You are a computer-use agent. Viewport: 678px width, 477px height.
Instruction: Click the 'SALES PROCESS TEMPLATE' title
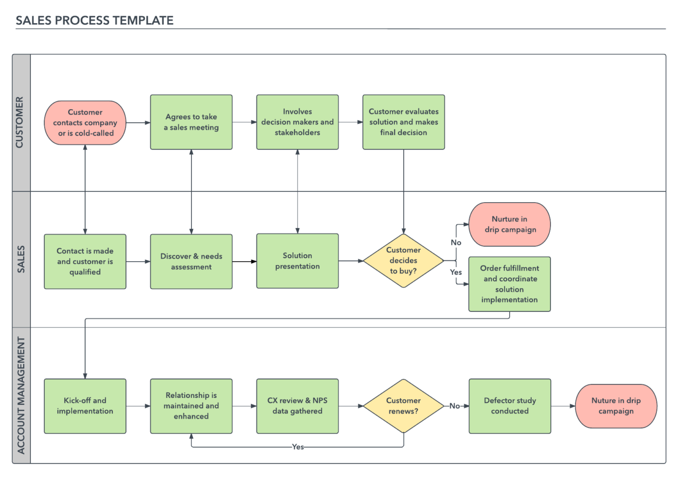point(94,21)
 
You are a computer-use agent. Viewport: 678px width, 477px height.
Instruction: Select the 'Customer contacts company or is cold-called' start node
point(85,123)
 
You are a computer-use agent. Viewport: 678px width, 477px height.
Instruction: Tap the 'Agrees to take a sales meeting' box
point(191,122)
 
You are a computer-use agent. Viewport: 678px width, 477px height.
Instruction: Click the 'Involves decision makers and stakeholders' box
point(297,122)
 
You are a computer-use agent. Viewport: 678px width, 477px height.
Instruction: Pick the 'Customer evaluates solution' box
point(404,122)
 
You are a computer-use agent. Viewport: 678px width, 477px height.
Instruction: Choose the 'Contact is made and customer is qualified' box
point(85,261)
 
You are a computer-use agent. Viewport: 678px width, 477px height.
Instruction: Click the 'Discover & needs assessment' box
point(191,261)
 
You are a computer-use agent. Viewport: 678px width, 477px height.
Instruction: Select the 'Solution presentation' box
point(297,261)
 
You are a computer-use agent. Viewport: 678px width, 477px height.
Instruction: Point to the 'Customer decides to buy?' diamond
point(403,261)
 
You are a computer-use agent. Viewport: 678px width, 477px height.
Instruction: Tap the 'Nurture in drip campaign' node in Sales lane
point(510,224)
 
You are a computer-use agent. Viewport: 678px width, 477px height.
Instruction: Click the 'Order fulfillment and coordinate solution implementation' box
point(510,284)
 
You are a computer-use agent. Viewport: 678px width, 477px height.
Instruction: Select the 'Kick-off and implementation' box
point(85,406)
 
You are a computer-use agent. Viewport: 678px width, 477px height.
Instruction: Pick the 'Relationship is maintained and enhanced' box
point(191,406)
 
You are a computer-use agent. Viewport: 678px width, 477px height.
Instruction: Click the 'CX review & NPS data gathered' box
point(297,406)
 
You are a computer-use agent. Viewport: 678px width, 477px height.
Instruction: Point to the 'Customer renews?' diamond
point(403,406)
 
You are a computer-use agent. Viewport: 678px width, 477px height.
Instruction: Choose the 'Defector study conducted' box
point(510,406)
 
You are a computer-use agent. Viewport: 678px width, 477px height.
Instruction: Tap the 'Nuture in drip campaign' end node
point(616,406)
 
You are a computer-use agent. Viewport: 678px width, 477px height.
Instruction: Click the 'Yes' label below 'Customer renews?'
point(298,447)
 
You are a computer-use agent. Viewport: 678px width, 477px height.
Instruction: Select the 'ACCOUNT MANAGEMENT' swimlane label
point(21,395)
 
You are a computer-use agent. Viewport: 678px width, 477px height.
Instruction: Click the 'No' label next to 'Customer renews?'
point(455,406)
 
